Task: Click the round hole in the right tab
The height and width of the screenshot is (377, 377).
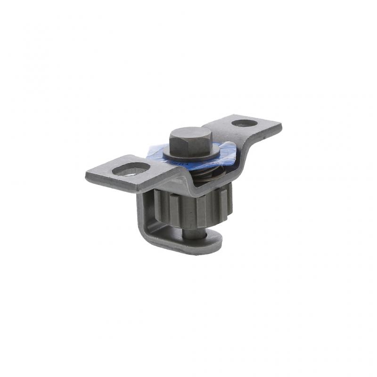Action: (245, 123)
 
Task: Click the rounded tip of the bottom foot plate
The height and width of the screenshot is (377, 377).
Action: (214, 243)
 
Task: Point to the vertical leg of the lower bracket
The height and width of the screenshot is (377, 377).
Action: (144, 212)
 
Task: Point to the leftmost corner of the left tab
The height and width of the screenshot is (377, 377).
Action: (87, 176)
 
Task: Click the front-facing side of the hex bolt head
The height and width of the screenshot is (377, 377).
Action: (186, 146)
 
